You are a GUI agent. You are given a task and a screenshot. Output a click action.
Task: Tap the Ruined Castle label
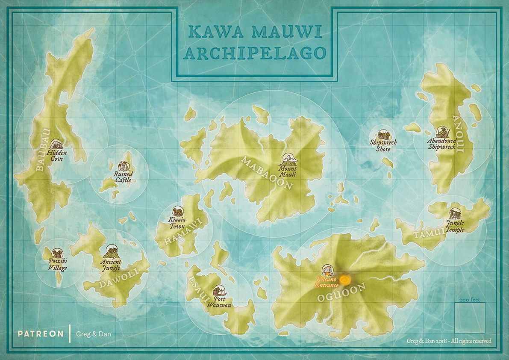123,177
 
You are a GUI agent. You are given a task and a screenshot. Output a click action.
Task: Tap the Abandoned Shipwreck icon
442,132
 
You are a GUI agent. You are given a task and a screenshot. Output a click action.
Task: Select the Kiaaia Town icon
177,212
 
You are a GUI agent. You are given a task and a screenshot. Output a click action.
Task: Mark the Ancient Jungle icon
111,250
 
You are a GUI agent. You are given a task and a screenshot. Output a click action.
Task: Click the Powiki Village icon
57,253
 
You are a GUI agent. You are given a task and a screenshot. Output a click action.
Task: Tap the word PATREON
41,334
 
